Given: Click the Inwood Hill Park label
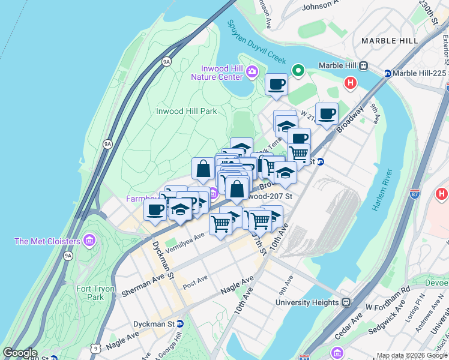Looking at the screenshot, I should (x=186, y=111).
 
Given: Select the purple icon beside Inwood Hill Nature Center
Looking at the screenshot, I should (x=252, y=72).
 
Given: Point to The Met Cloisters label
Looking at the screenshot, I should (x=47, y=241).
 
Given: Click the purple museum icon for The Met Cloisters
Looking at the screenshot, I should (x=89, y=241).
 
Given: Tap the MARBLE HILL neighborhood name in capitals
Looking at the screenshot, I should (x=390, y=40).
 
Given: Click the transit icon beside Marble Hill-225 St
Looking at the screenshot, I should (x=388, y=74).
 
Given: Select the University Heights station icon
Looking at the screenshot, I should (x=345, y=302).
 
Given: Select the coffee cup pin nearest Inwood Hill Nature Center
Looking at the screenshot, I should (x=276, y=85).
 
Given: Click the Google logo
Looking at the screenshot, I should (x=20, y=353).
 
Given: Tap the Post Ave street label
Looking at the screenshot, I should (x=195, y=281).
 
